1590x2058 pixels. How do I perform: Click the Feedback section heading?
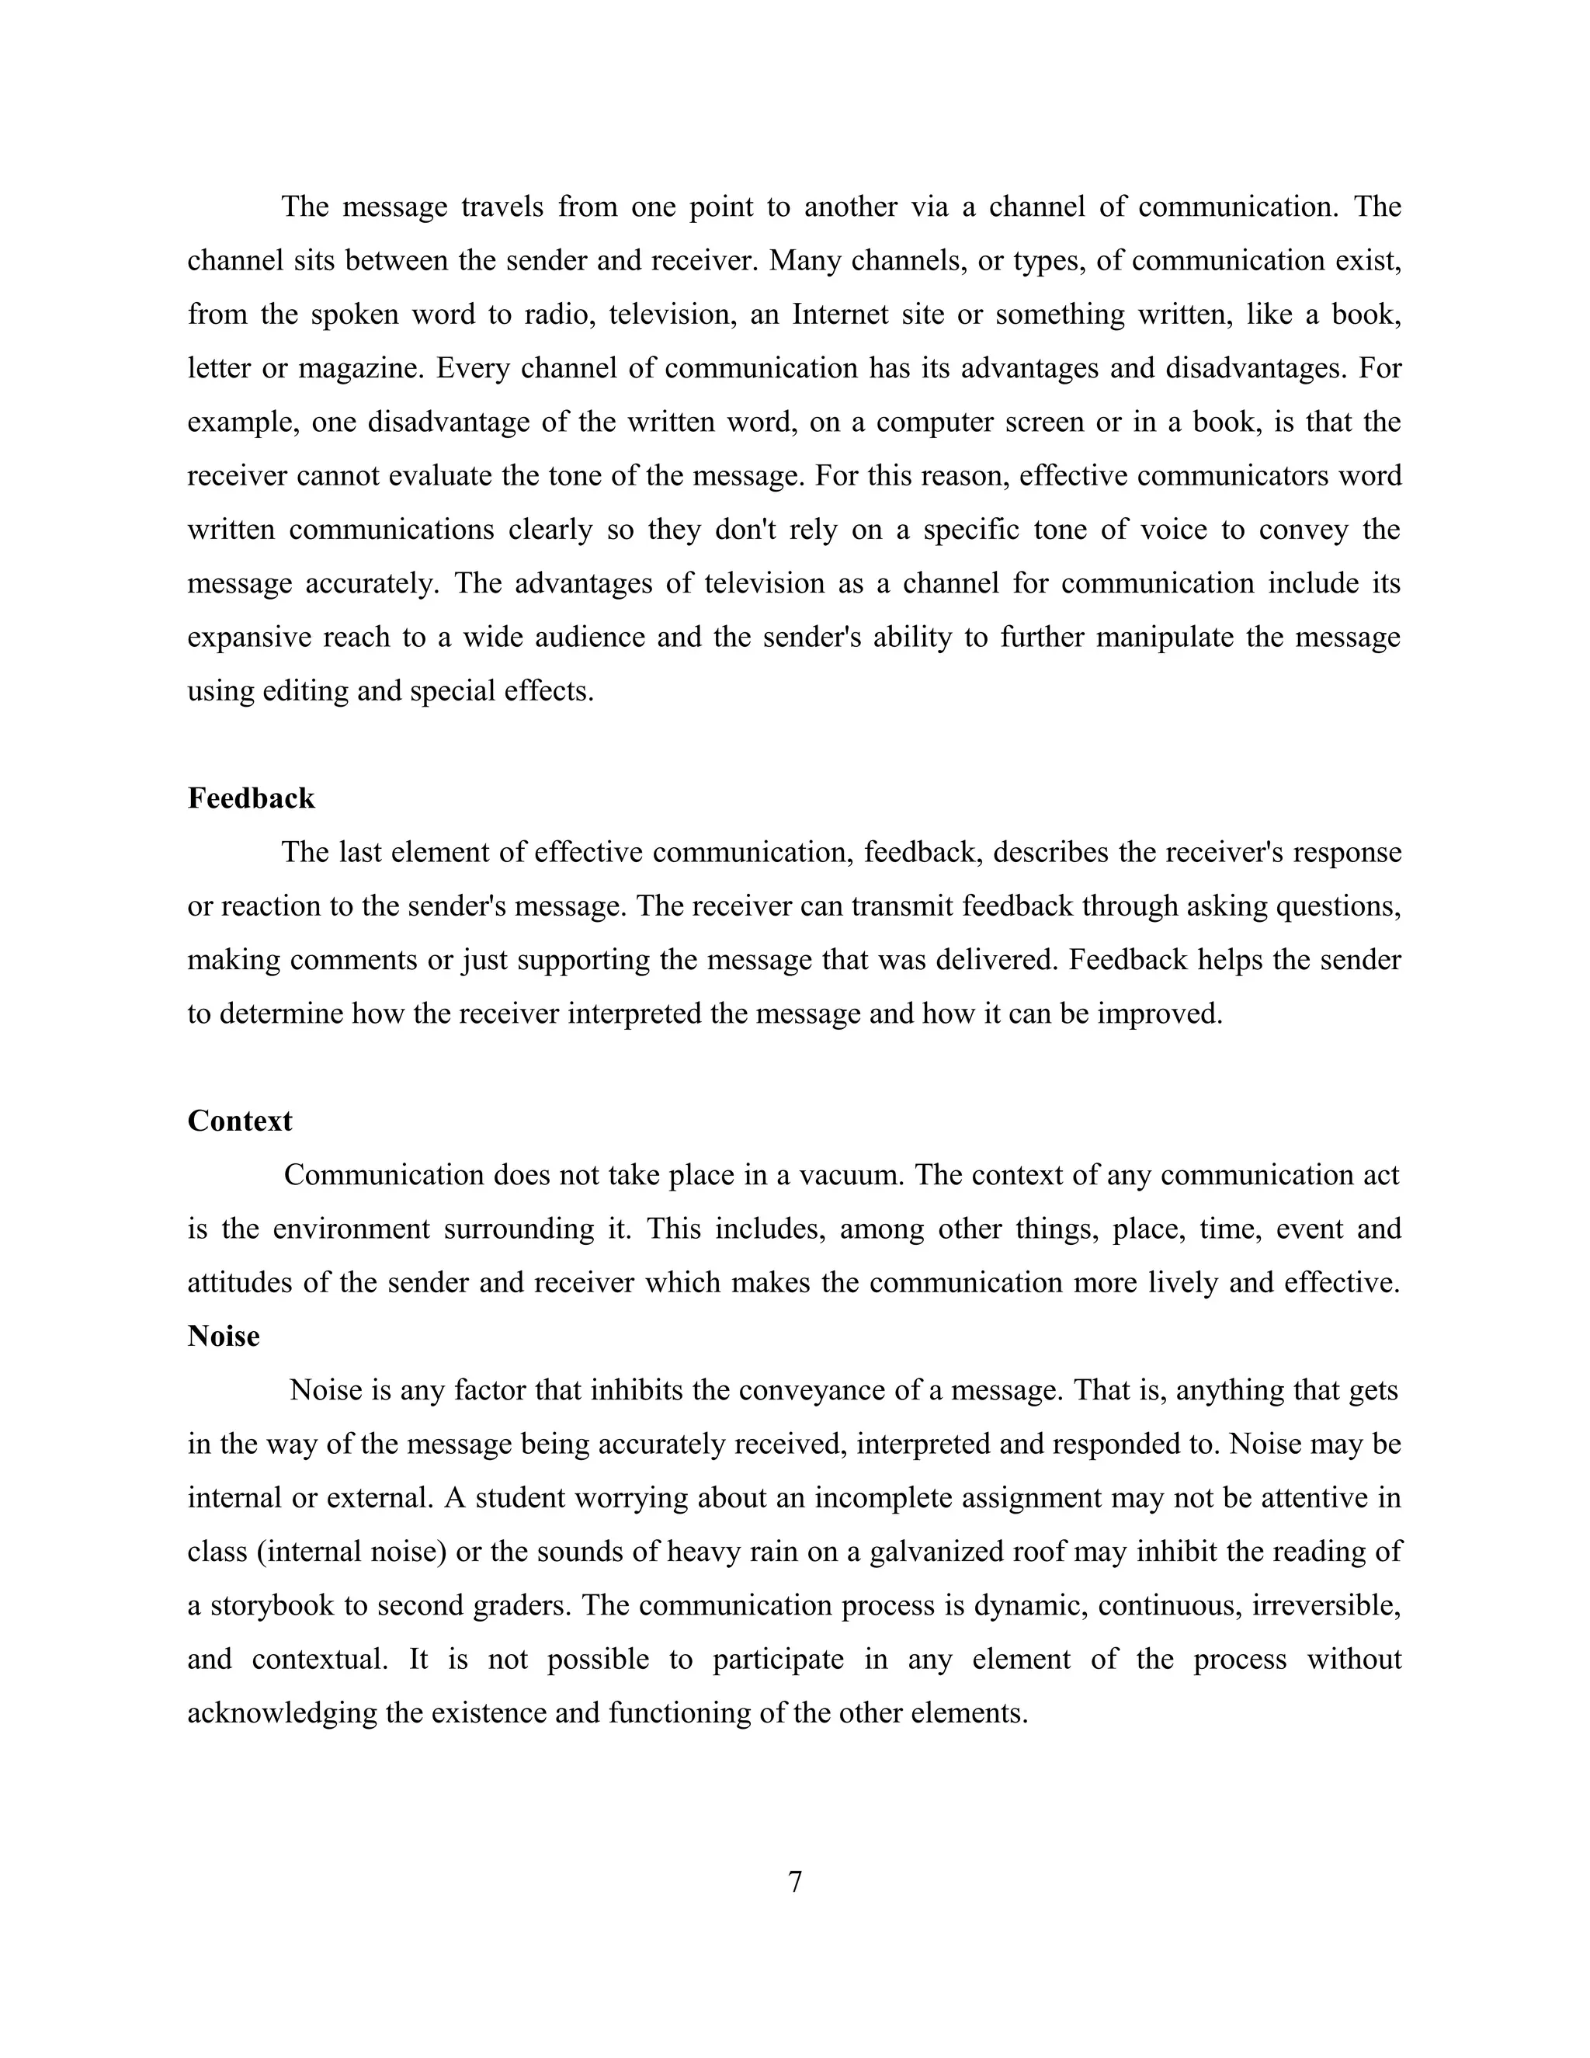click(251, 798)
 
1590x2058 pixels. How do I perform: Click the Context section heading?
click(239, 1121)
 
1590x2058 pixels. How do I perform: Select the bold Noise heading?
click(224, 1337)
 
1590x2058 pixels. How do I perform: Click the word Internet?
click(839, 314)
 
